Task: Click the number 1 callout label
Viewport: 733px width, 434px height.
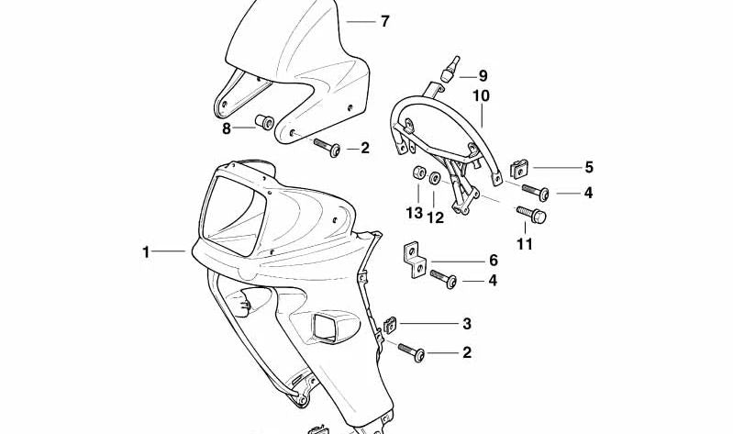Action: tap(146, 252)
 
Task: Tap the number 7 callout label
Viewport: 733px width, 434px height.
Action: tap(384, 21)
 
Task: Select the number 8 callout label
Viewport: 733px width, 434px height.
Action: tap(227, 128)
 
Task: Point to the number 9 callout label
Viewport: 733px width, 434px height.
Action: tap(483, 76)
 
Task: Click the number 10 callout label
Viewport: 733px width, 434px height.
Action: tap(481, 95)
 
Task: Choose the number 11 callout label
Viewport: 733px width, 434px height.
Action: tap(525, 244)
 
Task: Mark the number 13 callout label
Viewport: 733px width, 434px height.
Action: tap(414, 213)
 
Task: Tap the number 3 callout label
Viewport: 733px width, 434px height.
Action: tap(467, 324)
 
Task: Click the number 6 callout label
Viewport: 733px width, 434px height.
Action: tap(494, 261)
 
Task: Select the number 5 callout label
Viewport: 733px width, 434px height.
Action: tap(589, 167)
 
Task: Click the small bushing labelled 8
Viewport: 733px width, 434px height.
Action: tap(264, 122)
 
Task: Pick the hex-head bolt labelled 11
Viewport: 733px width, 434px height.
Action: tap(531, 214)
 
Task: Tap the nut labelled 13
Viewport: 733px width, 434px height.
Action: tap(418, 173)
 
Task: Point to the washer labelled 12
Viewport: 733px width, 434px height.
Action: tap(434, 178)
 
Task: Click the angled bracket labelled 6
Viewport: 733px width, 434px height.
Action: tap(415, 260)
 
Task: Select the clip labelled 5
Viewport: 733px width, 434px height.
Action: tap(519, 169)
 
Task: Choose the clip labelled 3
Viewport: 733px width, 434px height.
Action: tap(390, 325)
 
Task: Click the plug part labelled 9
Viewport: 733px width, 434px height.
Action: tap(450, 69)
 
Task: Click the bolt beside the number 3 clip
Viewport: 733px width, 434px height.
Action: tap(411, 352)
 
